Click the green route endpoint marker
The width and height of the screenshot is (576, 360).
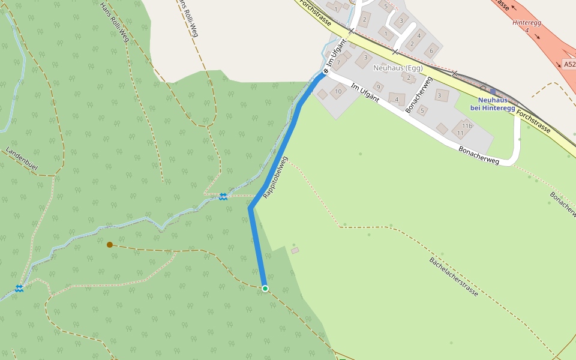click(265, 289)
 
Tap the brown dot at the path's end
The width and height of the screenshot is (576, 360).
click(110, 245)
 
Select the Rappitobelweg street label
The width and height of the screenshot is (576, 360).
click(275, 178)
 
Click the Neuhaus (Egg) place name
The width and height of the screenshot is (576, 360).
click(398, 68)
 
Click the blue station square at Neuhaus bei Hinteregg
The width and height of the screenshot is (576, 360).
click(493, 92)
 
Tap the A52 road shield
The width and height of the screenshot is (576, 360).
click(569, 64)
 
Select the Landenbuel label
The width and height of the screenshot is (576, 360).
click(22, 160)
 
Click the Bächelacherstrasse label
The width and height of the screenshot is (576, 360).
click(454, 277)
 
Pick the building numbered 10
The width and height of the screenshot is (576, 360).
click(338, 92)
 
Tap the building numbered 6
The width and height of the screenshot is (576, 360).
click(430, 52)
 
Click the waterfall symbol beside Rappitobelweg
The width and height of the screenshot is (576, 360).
click(223, 197)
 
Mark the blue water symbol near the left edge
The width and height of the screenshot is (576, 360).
click(19, 289)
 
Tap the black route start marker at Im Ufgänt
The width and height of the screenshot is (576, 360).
click(325, 71)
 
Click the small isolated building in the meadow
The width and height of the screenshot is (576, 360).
click(295, 250)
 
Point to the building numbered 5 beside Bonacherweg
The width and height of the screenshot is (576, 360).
click(422, 110)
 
